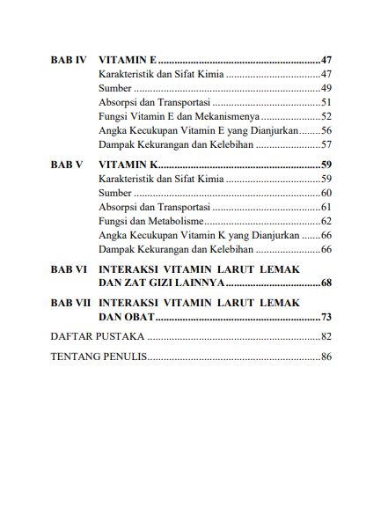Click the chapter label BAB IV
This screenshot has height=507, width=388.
coord(68,60)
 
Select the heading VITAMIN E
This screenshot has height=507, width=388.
coord(128,60)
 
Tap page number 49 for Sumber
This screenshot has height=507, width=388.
coord(326,88)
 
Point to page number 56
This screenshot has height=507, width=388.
coord(326,129)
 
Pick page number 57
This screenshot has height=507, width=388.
coord(326,143)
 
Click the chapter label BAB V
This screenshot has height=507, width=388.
coord(66,165)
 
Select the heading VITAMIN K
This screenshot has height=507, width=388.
coord(128,165)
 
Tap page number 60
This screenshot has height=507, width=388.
coord(326,193)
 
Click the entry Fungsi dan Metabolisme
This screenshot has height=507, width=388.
coord(151,221)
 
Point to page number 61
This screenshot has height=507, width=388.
coord(326,207)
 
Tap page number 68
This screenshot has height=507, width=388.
coord(326,283)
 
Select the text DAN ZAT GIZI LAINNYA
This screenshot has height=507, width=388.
coord(162,283)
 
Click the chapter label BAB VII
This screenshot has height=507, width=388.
coord(70,303)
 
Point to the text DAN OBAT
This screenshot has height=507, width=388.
coord(127,317)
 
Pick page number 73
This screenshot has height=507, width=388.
coord(326,317)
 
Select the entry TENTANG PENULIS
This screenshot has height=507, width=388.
coord(99,357)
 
